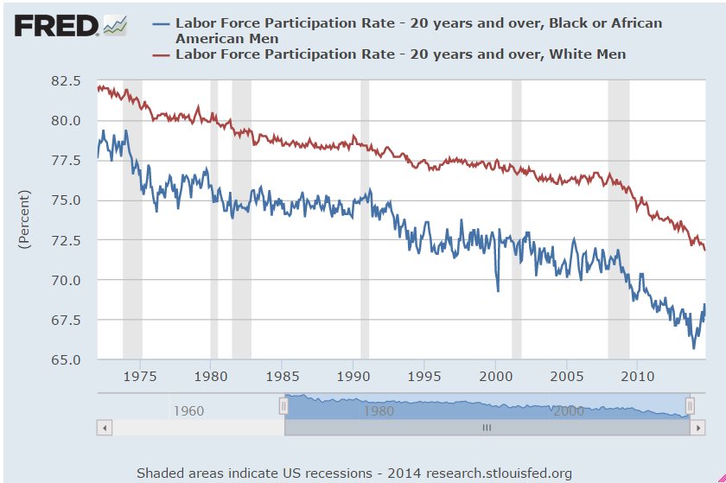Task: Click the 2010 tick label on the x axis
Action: [x=638, y=376]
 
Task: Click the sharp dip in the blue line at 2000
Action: [x=498, y=291]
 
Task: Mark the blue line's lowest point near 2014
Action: [x=693, y=348]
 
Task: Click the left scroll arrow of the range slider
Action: [x=105, y=427]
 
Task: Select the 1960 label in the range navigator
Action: [x=188, y=411]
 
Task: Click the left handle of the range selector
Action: [x=283, y=406]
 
